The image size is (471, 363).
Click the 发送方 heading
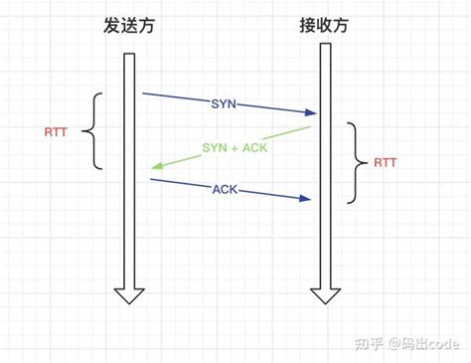click(x=129, y=26)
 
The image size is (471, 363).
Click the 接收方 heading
click(x=324, y=26)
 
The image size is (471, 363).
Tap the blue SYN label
click(x=224, y=103)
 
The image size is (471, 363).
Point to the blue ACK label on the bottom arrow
click(x=225, y=189)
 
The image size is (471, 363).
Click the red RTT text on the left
click(x=58, y=130)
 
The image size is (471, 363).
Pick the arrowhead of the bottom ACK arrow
click(x=309, y=200)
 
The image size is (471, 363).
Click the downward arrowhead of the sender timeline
click(x=128, y=294)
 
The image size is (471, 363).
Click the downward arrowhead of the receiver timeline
click(x=324, y=294)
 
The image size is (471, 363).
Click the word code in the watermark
click(x=440, y=343)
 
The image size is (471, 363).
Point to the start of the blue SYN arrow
click(x=144, y=94)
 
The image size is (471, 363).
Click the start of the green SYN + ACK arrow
click(x=312, y=127)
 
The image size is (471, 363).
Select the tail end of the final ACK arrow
click(x=151, y=180)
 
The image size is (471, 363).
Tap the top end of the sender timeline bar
click(x=128, y=54)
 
